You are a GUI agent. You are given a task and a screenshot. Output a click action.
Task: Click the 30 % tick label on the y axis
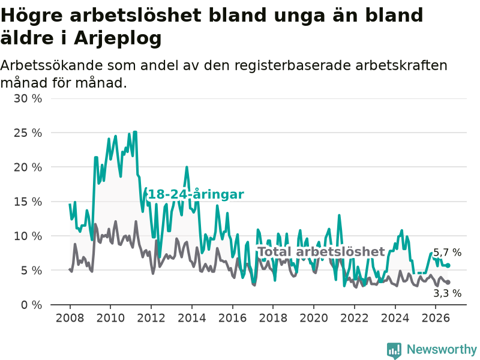pos(28,98)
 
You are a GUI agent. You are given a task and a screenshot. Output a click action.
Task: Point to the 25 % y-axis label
pos(28,133)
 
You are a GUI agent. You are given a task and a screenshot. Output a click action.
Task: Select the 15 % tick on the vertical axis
pos(28,202)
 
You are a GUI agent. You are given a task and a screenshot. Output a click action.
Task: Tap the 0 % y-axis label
pos(31,305)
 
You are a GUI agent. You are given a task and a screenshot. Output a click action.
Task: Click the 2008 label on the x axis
pos(70,318)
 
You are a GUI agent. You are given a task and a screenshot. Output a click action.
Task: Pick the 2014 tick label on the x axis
pos(192,318)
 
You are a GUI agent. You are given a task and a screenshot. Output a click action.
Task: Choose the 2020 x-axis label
pos(314,318)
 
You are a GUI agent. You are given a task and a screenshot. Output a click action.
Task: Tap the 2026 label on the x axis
pos(436,318)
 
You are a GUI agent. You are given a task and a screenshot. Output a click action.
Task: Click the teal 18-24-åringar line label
pos(196,194)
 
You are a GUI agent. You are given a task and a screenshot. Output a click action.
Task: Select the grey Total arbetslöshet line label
pos(322,251)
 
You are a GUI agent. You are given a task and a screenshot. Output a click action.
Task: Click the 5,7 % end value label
pos(447,253)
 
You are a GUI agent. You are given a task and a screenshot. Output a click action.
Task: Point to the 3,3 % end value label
pos(447,293)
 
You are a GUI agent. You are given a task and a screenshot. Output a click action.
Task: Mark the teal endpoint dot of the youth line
pos(448,265)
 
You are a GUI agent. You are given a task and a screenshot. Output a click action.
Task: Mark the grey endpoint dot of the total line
pos(448,282)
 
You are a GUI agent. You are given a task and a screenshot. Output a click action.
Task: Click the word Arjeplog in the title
pos(118,38)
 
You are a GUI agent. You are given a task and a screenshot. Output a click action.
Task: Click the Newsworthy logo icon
pos(394,350)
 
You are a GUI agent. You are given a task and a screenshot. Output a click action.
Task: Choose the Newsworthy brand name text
pos(442,349)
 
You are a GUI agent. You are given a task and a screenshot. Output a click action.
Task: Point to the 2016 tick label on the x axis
pos(232,318)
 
